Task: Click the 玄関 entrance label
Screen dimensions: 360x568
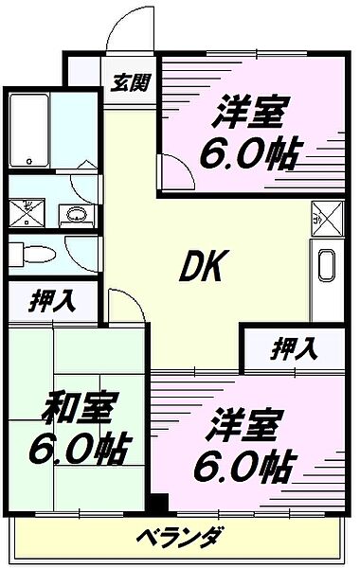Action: pyautogui.click(x=131, y=82)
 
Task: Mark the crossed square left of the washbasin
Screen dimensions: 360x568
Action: pyautogui.click(x=27, y=210)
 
